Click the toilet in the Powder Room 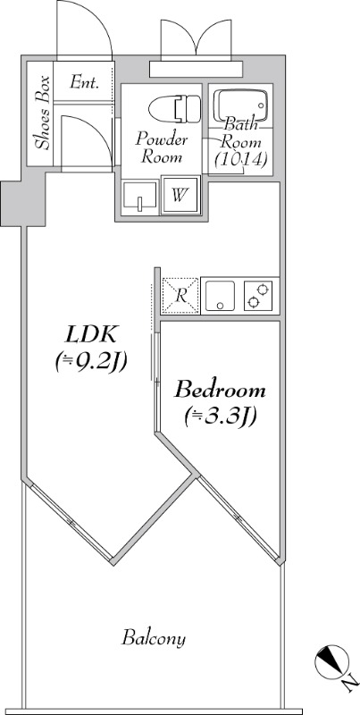pos(174,108)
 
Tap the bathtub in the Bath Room pos(240,105)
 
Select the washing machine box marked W pos(180,195)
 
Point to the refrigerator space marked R pos(180,296)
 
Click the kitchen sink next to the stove pos(220,296)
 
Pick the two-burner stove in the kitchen pos(258,296)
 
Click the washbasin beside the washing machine pos(140,197)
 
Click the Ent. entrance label pos(85,82)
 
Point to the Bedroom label pos(220,391)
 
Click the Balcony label pos(154,637)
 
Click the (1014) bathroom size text pos(240,159)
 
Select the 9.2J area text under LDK pos(91,363)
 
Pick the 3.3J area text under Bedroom pos(220,416)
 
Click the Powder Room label pos(162,148)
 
